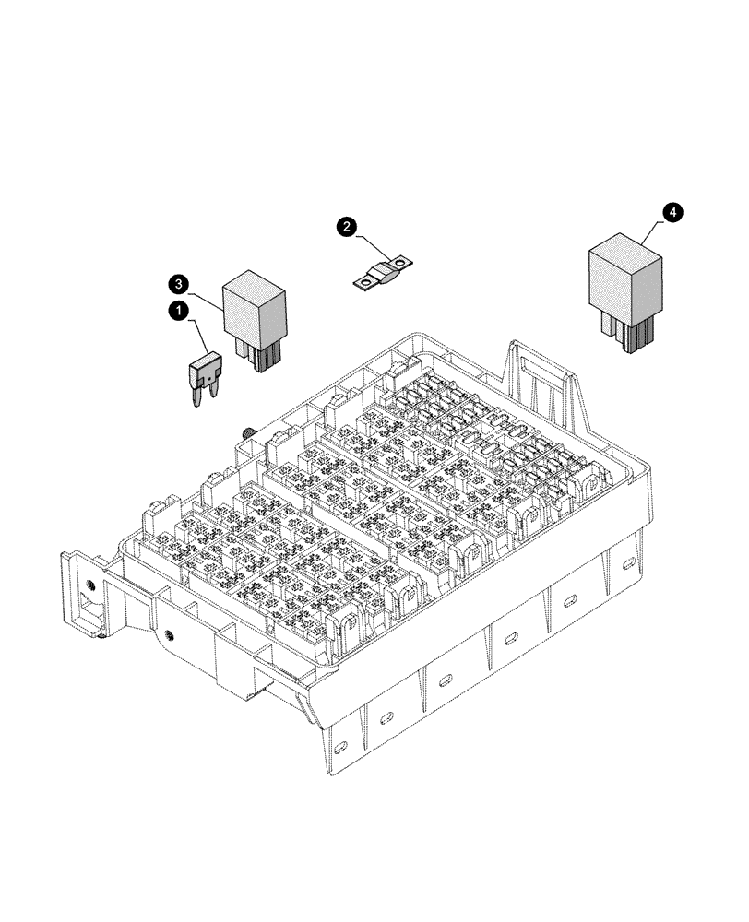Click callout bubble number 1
click(177, 313)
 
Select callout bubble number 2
click(346, 226)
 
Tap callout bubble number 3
click(179, 282)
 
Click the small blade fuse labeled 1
click(204, 372)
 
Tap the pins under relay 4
click(631, 336)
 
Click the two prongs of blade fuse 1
click(205, 396)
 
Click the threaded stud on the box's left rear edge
click(248, 432)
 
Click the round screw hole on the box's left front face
click(170, 634)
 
